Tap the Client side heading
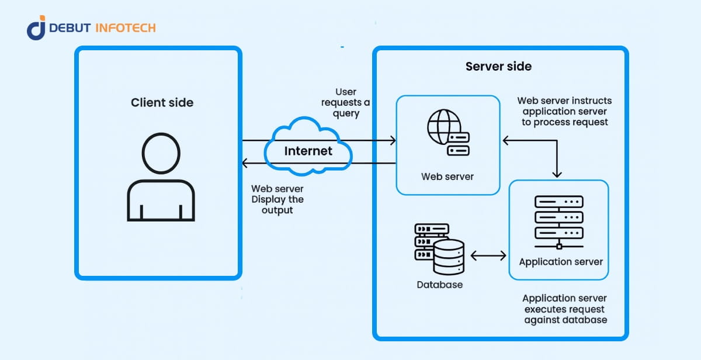pyautogui.click(x=162, y=103)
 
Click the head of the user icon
pyautogui.click(x=161, y=153)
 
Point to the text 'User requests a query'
pyautogui.click(x=346, y=103)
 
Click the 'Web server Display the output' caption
pyautogui.click(x=277, y=199)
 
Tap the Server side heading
pyautogui.click(x=498, y=66)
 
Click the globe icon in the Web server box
pyautogui.click(x=442, y=126)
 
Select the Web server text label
pyautogui.click(x=447, y=176)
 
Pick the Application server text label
pyautogui.click(x=561, y=261)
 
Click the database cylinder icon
pyautogui.click(x=449, y=257)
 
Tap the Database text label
pyautogui.click(x=439, y=285)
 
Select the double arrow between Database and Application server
pyautogui.click(x=488, y=255)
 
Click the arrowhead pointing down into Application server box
pyautogui.click(x=557, y=174)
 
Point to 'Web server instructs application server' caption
pyautogui.click(x=565, y=112)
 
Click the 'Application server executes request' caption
pyautogui.click(x=565, y=309)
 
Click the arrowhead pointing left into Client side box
pyautogui.click(x=246, y=163)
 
